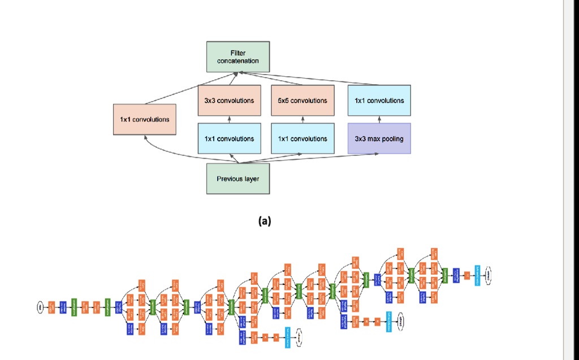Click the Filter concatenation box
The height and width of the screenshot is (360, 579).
(x=237, y=57)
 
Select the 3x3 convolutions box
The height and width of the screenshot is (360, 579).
(x=229, y=101)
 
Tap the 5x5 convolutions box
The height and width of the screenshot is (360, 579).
(x=303, y=101)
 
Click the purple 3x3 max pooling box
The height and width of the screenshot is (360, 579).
(x=379, y=138)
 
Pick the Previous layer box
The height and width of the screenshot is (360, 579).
(x=237, y=179)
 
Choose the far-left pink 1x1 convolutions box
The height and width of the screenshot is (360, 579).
(x=144, y=119)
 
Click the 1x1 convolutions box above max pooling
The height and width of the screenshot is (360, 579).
(x=379, y=101)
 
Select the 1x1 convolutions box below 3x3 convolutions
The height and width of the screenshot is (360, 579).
(x=229, y=138)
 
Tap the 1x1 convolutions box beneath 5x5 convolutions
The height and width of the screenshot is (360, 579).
(x=303, y=138)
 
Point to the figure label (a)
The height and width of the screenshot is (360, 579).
(x=264, y=222)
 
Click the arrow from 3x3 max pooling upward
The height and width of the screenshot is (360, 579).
(x=379, y=119)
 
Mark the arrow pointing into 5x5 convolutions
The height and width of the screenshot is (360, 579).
(x=303, y=119)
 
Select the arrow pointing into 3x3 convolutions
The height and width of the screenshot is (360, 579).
(x=229, y=119)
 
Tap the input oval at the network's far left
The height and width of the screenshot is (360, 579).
(x=40, y=307)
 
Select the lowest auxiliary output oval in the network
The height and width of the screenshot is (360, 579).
(x=299, y=337)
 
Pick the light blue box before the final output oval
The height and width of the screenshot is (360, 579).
(x=477, y=275)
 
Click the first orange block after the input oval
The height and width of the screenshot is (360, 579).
(x=51, y=307)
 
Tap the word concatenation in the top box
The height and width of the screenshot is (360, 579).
(x=237, y=61)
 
